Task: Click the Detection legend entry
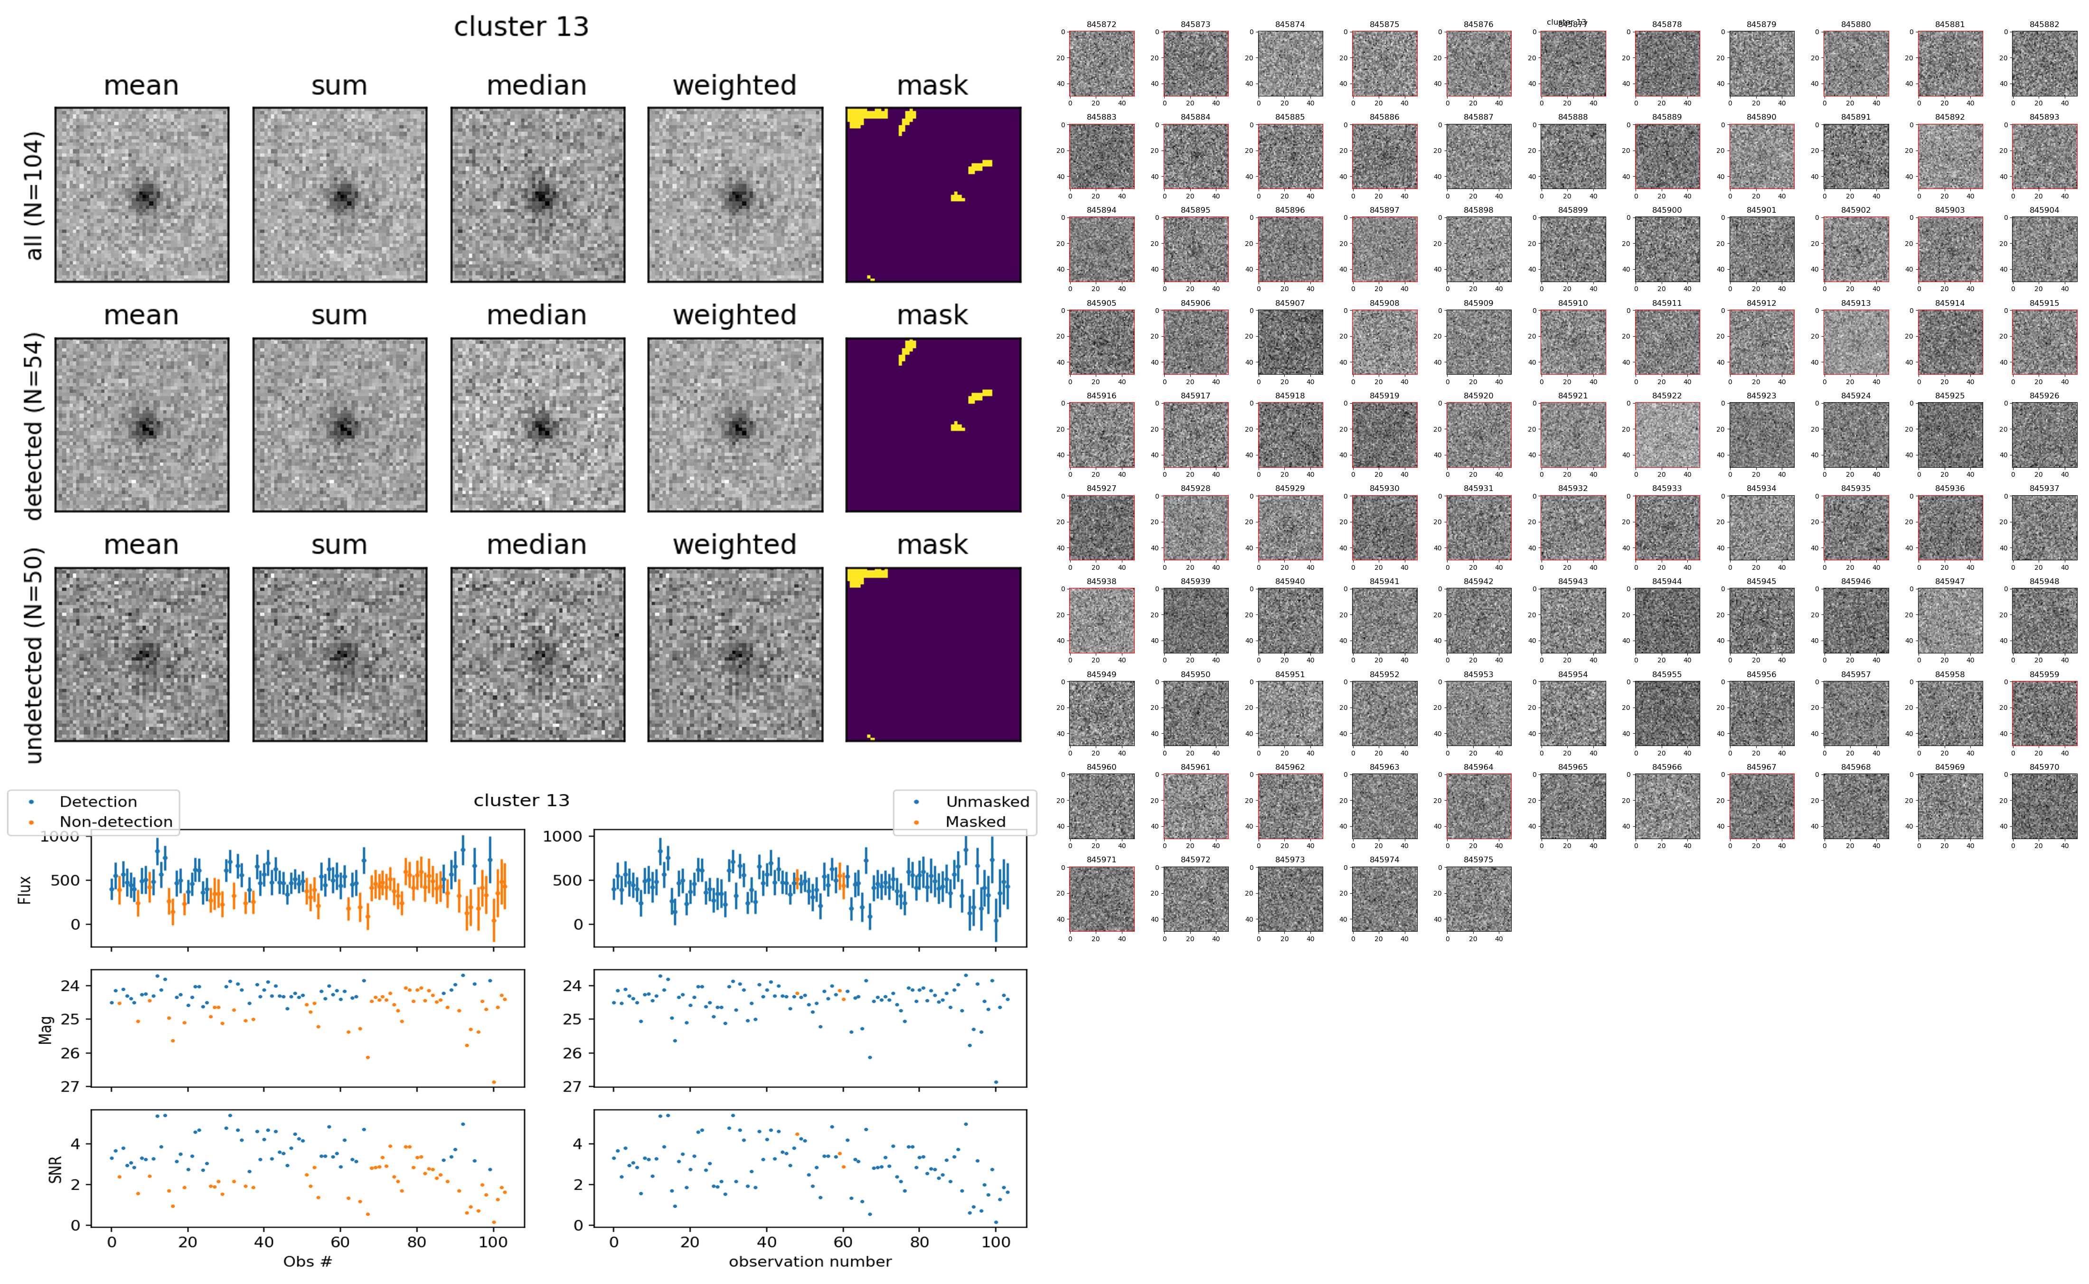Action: [x=98, y=802]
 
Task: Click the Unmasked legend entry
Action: [x=987, y=802]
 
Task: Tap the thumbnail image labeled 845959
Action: [x=2044, y=713]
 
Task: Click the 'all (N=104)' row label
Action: [x=34, y=195]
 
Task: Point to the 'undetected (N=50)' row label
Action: [x=34, y=655]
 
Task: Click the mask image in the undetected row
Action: [x=933, y=655]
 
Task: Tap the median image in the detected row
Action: [x=537, y=425]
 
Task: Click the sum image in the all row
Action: [x=339, y=195]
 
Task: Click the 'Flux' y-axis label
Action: [x=26, y=889]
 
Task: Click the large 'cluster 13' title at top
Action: [x=521, y=27]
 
